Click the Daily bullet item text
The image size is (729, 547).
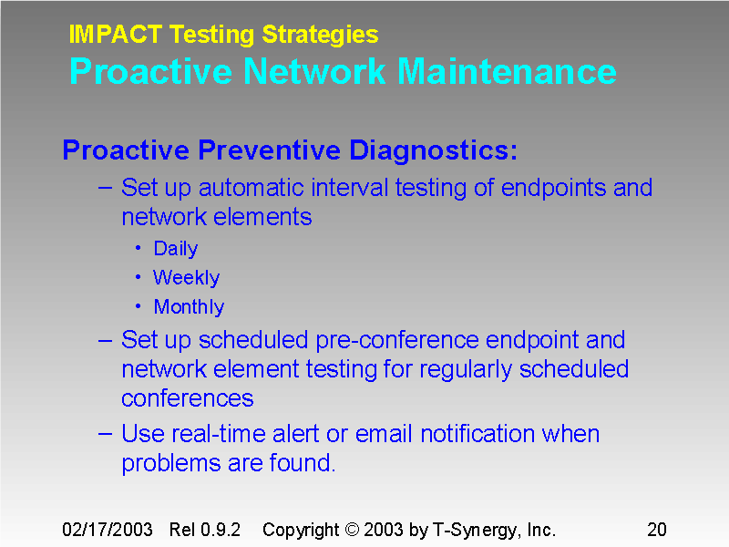click(175, 249)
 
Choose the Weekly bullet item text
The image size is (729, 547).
click(186, 278)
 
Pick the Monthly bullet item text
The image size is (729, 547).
click(189, 307)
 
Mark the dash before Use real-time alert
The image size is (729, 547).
click(105, 433)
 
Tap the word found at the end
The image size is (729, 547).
click(302, 463)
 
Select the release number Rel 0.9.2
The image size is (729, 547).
click(205, 530)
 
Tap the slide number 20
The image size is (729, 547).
click(657, 530)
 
